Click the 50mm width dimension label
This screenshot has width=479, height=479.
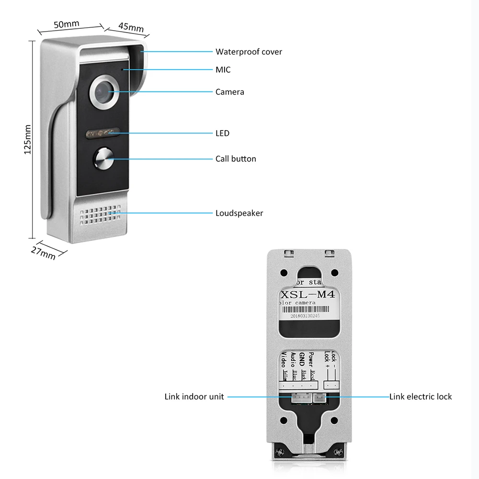coord(66,23)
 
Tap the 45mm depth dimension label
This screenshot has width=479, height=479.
coord(131,27)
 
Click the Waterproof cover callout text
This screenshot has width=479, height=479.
coord(249,52)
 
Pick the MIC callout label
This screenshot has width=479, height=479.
coord(223,70)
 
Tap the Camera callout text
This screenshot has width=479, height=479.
coord(229,91)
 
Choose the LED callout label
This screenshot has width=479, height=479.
coord(222,133)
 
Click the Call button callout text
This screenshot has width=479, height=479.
coord(236,159)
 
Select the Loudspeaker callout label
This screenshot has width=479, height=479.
coord(239,213)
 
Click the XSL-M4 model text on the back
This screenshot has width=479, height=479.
coord(308,294)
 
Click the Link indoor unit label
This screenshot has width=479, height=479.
coord(194,397)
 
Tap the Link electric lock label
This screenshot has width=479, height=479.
coord(420,397)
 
